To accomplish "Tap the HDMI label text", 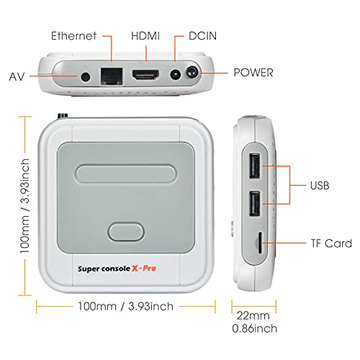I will [x=147, y=35].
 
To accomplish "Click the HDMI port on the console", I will [x=146, y=75].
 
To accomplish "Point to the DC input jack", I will [x=174, y=75].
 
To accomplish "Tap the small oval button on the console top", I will [x=127, y=233].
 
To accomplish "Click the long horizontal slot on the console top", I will [x=127, y=176].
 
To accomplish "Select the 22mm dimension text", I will [x=253, y=315].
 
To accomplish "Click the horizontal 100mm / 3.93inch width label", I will [x=127, y=306].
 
